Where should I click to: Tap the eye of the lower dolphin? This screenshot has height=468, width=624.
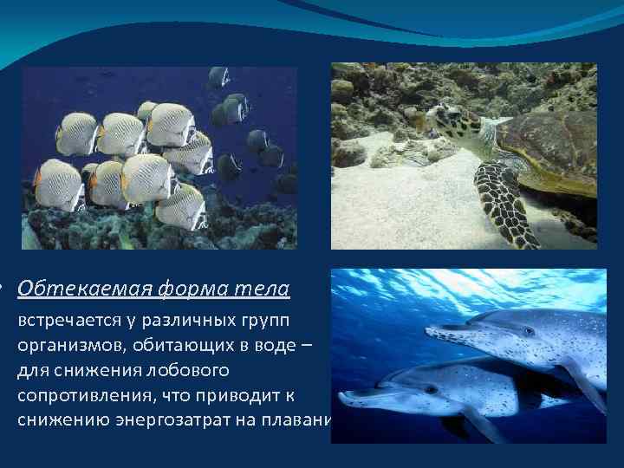coord(431,389)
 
